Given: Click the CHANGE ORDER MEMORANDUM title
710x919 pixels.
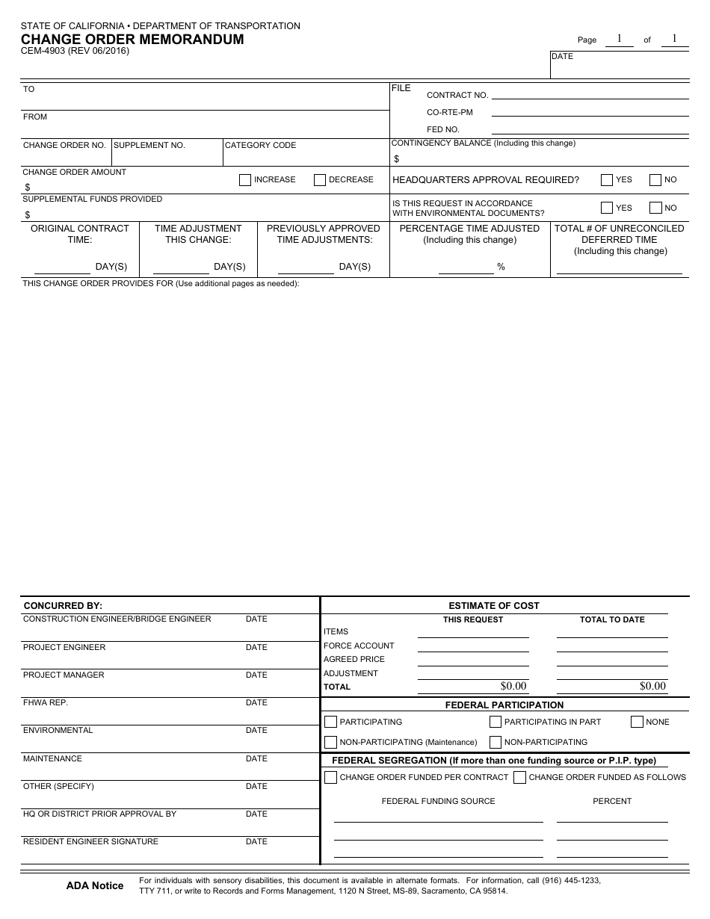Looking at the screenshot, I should tap(132, 40).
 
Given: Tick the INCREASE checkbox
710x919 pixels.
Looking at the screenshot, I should tap(245, 180).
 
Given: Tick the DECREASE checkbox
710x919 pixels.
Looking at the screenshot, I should tap(320, 180).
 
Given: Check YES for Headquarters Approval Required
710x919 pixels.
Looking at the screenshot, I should tap(607, 180).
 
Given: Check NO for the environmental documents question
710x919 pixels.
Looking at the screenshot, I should tap(655, 208).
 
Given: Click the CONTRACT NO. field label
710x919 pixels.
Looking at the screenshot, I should tap(457, 95).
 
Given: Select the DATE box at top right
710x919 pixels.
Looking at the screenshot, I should tap(620, 64).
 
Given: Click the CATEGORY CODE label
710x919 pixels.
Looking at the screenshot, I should tap(260, 145).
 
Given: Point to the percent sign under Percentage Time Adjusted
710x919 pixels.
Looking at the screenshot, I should tap(501, 267).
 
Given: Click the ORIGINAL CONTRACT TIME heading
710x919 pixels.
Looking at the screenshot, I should tap(80, 234).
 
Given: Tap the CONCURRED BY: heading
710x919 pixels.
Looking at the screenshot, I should tap(63, 606).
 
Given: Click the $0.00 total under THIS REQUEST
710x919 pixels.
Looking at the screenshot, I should tap(513, 686).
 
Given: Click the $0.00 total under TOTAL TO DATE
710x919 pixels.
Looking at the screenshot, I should tap(652, 686).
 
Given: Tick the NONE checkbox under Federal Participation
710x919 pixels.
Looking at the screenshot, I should tap(637, 722).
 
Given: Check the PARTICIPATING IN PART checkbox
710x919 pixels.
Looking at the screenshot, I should tap(496, 722).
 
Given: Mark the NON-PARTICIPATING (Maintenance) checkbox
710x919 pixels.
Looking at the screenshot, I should tap(330, 742).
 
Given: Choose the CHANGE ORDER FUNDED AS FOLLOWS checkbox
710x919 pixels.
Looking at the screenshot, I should tap(520, 777).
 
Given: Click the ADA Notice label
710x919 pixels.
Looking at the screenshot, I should tap(95, 886).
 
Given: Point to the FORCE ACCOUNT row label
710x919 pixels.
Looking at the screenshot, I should tap(359, 646).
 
